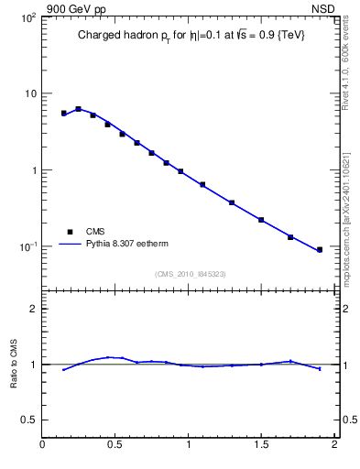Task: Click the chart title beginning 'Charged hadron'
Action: click(190, 35)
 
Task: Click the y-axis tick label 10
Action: click(29, 93)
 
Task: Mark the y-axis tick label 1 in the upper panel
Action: click(34, 170)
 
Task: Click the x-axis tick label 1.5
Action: click(261, 446)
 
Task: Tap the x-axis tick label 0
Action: click(42, 446)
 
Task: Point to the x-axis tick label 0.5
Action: click(115, 446)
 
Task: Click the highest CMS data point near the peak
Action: click(78, 109)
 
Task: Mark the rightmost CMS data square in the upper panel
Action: click(320, 249)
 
